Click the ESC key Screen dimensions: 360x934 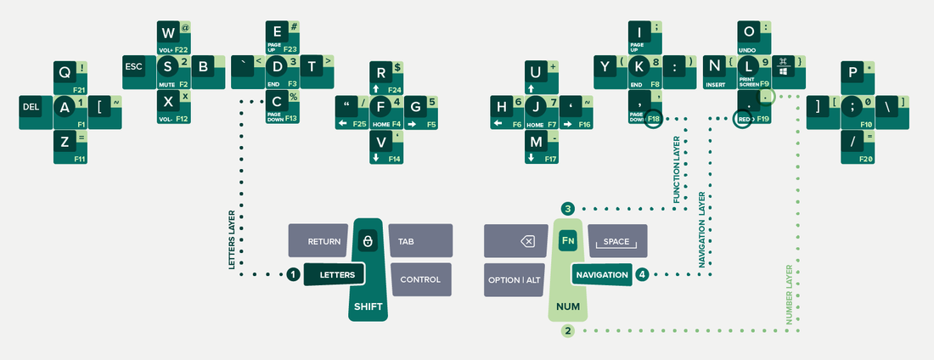[133, 66]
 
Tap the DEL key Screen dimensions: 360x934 [31, 107]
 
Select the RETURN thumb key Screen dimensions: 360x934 [318, 241]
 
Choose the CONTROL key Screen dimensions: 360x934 [419, 279]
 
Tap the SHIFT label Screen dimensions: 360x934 [368, 307]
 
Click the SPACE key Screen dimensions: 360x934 [616, 241]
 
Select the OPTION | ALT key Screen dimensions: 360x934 [515, 279]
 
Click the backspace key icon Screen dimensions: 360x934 [527, 241]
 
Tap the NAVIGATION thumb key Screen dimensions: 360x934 [601, 275]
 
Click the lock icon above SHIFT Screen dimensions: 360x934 [368, 242]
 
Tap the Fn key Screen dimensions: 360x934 [568, 240]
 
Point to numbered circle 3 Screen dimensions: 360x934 [568, 208]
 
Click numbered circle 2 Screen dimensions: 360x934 [568, 330]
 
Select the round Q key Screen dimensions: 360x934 [65, 72]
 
